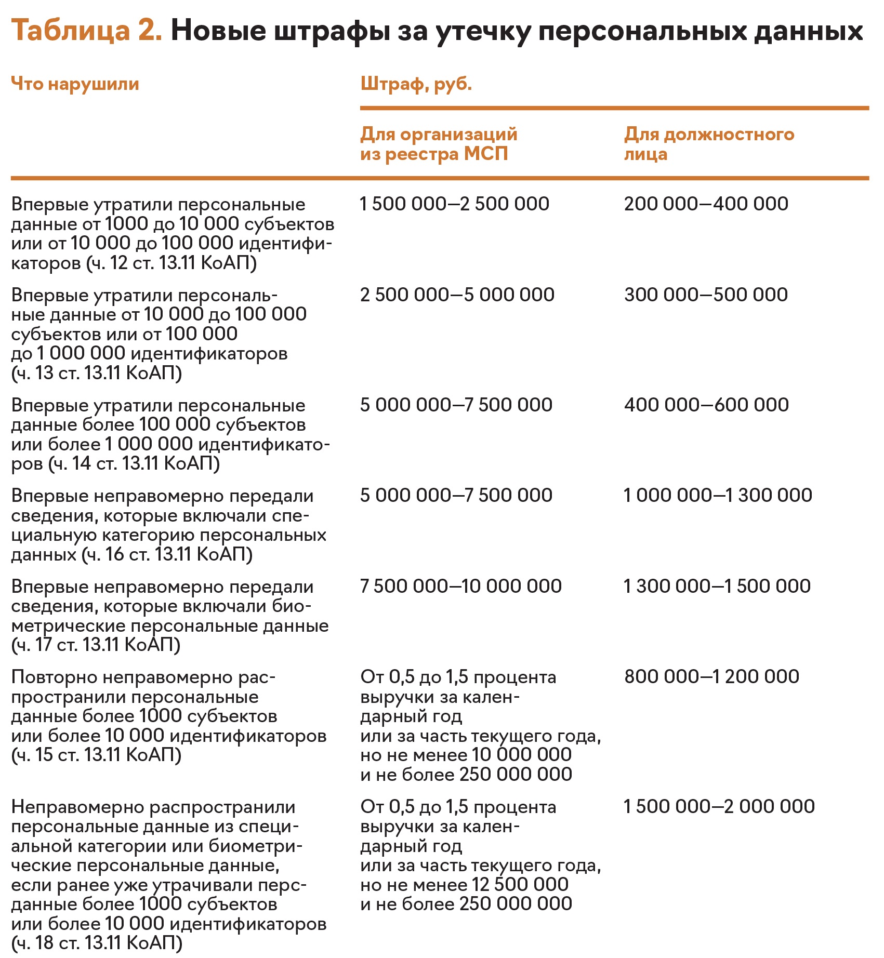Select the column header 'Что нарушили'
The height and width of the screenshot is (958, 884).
pos(75,84)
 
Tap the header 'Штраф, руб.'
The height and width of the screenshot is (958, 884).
pos(416,84)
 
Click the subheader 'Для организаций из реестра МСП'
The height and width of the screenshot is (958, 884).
pos(439,144)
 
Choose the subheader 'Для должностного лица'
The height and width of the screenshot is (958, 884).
pos(709,144)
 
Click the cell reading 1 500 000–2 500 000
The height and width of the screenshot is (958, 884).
pos(455,204)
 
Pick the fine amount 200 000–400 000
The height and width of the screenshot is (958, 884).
pos(706,204)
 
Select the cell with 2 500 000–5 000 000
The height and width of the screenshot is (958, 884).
pos(457,295)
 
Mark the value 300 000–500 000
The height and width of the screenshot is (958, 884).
pos(706,295)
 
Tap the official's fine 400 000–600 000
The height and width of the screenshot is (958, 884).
pos(706,405)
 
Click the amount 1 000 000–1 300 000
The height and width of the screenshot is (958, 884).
pos(718,495)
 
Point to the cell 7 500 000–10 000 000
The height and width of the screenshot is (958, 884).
pos(461,586)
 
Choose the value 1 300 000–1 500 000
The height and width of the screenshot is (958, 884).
pos(717,586)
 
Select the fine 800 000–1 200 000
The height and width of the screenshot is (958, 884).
pos(711,676)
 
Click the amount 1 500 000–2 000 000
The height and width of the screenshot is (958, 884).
pos(719,806)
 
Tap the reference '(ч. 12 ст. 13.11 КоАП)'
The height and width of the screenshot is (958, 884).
pos(171,263)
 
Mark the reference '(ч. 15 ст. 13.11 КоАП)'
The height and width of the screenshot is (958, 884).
pos(97,754)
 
